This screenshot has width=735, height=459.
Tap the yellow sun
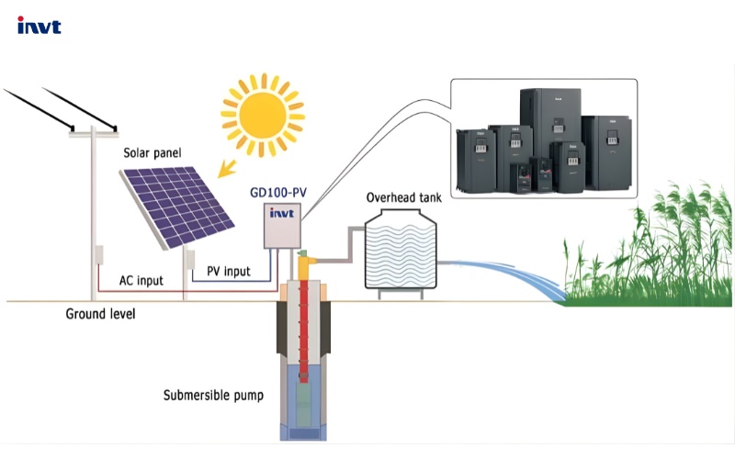pos(262,114)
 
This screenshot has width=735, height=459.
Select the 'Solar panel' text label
pos(153,151)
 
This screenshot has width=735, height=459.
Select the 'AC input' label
pos(141,280)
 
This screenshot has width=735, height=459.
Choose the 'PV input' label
pos(228,271)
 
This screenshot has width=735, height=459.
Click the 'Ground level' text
pos(100,314)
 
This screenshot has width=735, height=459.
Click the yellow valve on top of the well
pos(308,265)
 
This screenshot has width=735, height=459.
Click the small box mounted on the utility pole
pos(97,258)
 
